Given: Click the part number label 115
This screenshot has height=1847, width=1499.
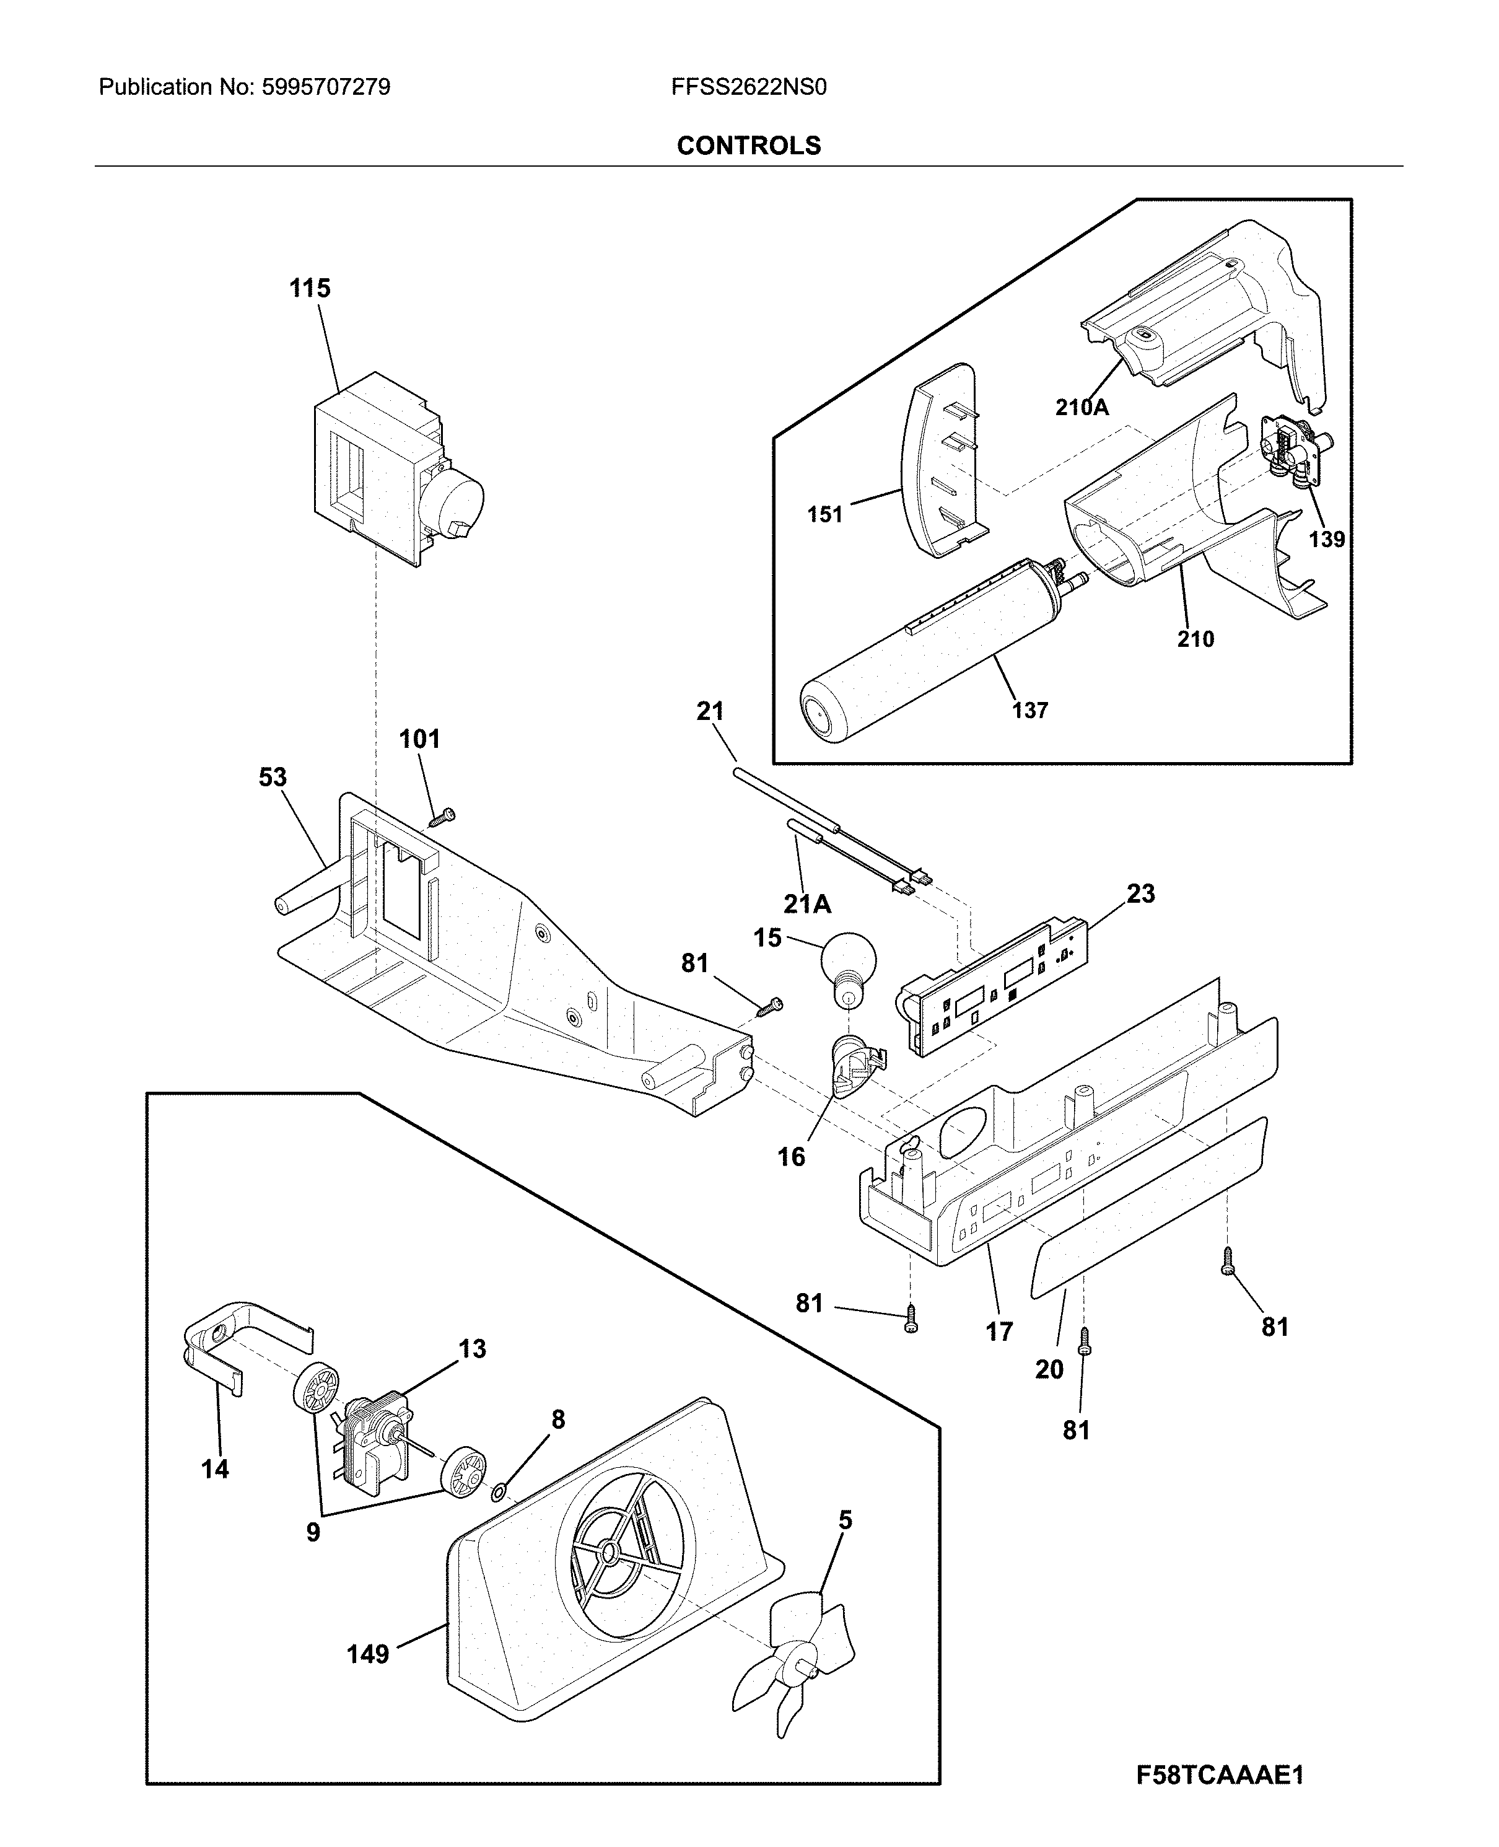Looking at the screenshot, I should [309, 288].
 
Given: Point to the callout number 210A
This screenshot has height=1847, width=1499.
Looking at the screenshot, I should [1081, 406].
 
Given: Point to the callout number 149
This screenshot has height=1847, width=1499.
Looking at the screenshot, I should [368, 1654].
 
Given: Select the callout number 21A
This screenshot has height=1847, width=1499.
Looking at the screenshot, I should [806, 904].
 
